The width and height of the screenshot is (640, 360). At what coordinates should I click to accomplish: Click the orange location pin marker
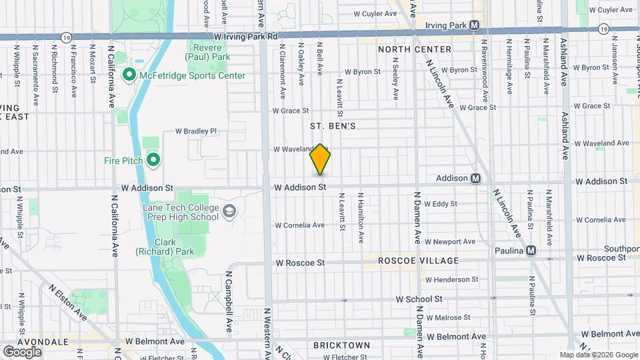click(320, 159)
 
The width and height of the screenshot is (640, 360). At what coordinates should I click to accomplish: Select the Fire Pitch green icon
click(153, 159)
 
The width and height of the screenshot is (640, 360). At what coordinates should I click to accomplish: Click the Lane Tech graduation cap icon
click(229, 211)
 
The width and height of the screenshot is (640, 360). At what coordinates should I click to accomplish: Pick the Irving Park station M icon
click(474, 25)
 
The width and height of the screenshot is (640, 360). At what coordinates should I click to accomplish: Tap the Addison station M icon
click(475, 178)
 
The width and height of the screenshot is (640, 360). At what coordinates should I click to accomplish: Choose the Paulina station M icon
click(531, 250)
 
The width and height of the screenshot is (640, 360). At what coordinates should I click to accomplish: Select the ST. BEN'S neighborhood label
click(333, 125)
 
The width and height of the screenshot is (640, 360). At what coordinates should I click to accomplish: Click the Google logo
click(22, 351)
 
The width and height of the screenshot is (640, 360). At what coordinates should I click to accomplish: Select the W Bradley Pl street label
click(196, 131)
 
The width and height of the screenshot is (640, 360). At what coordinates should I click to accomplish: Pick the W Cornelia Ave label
click(299, 225)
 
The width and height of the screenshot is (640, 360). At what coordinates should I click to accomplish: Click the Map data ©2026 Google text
click(598, 355)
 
